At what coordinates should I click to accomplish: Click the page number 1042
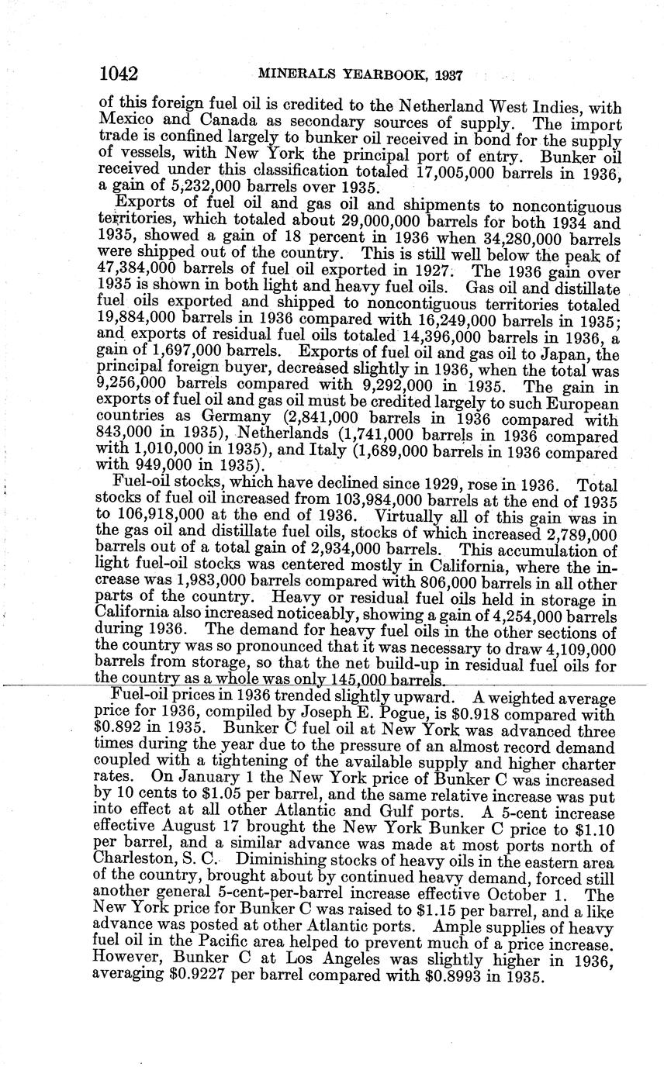click(x=119, y=74)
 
